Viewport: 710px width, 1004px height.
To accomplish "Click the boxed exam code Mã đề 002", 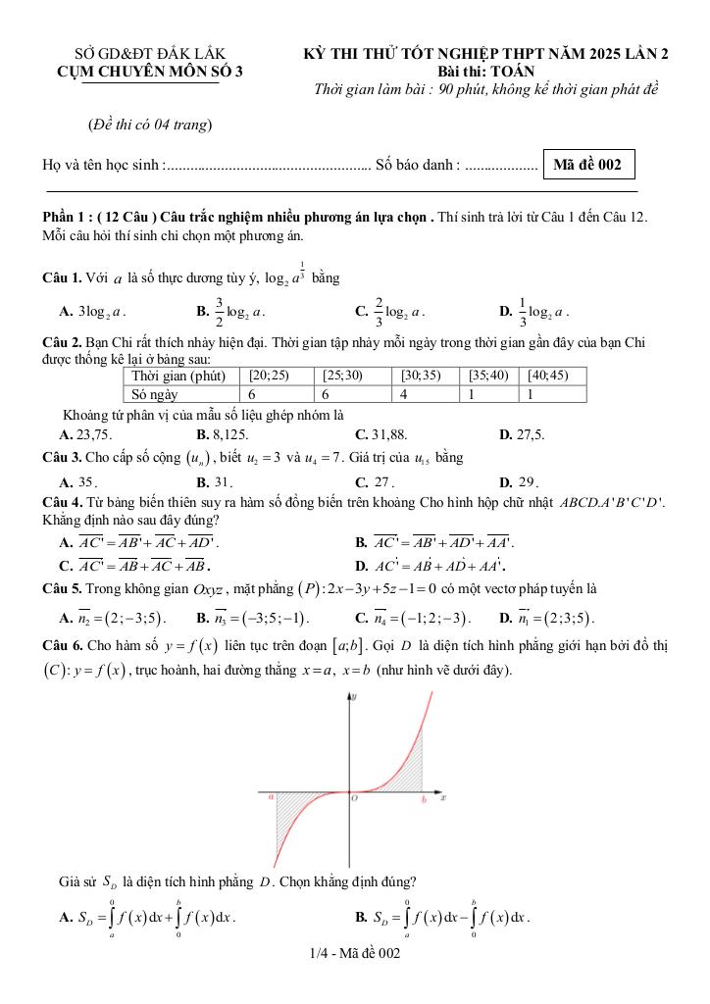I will click(587, 165).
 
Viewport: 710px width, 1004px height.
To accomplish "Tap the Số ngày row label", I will click(154, 393).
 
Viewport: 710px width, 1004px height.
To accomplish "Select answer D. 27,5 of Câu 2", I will click(522, 433).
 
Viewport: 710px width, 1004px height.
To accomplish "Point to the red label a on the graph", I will click(271, 798).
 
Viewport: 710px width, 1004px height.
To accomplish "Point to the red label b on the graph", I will click(424, 800).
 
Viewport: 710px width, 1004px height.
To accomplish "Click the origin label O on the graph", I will click(355, 799).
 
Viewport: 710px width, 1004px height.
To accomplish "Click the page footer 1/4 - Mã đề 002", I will click(354, 952).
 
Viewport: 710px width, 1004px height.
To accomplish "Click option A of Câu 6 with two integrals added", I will click(148, 919).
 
